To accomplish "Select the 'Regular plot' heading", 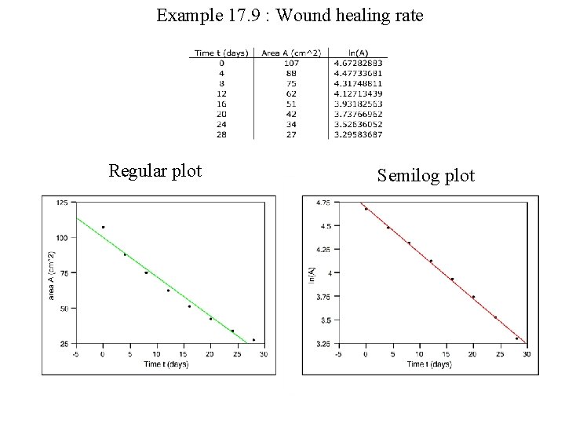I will coord(155,170).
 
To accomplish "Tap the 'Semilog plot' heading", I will coord(425,174).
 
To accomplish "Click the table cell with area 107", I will coord(291,63).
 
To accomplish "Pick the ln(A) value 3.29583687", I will coord(358,135).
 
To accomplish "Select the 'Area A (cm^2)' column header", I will coord(291,53).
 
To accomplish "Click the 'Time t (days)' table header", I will coord(222,53).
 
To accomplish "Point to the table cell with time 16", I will coord(222,104).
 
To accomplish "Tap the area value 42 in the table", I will coord(291,114).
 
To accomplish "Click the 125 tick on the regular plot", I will coord(61,203).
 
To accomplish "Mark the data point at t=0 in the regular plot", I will coord(103,227).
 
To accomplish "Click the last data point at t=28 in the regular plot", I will coord(253,340).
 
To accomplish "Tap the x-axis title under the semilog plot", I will coord(430,364).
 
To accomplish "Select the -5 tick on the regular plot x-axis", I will coord(75,354).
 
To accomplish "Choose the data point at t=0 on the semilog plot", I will coord(366,209).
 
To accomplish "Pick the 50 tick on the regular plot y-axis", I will coord(63,309).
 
